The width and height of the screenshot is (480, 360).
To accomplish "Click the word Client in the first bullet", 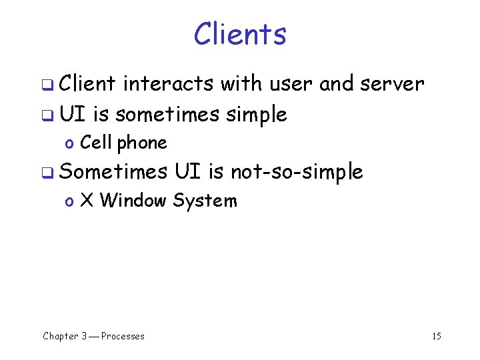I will click(x=87, y=84).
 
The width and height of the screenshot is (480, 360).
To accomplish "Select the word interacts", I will click(x=168, y=84).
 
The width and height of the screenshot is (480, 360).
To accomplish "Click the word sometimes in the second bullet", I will click(x=167, y=115).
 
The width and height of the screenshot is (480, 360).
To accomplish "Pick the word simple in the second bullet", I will click(x=257, y=115).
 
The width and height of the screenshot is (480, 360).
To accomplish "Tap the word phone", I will click(x=142, y=143).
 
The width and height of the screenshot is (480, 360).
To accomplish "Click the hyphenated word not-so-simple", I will click(x=297, y=172).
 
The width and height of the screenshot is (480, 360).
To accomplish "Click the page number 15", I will click(x=436, y=336).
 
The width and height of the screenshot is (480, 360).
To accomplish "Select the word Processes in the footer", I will click(x=123, y=336).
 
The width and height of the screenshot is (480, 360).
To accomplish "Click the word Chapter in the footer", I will click(x=61, y=336).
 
